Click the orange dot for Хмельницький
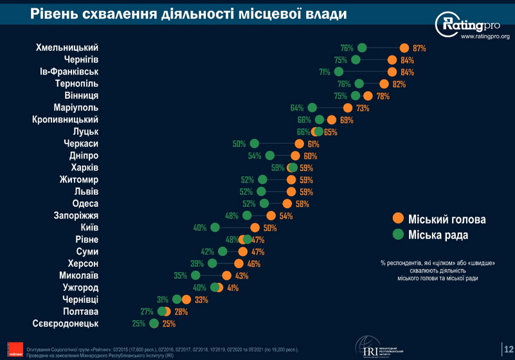[404, 48]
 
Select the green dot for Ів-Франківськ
[339, 72]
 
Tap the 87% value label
[420, 48]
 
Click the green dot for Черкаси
[254, 144]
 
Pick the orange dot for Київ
[255, 228]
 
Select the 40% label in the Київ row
[199, 228]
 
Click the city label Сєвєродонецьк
[65, 323]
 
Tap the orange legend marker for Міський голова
[398, 219]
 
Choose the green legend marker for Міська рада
[398, 235]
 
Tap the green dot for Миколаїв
[196, 275]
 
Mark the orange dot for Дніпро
[295, 156]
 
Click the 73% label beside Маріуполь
[363, 108]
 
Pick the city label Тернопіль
[77, 84]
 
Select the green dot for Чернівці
[177, 300]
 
